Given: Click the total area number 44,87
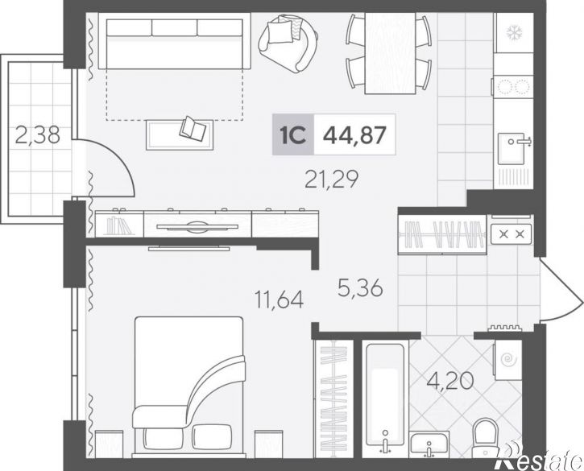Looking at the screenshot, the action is click(354, 134).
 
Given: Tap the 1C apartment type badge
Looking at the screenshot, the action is click(293, 134).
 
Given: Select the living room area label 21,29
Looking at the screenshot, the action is click(331, 179).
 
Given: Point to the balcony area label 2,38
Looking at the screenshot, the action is click(38, 134).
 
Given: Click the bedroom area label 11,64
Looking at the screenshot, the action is click(279, 300).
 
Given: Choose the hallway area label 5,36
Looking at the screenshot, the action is click(360, 287).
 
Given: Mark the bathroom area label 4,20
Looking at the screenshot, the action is click(450, 381).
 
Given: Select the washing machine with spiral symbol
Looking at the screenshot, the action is click(507, 360).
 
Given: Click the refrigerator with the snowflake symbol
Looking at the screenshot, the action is click(515, 32).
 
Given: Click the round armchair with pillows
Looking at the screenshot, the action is click(288, 43).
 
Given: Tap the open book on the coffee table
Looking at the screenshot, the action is click(193, 129).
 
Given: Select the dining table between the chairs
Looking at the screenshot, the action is click(390, 53).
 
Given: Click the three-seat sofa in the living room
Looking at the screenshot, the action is click(174, 41).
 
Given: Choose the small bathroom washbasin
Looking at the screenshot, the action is click(429, 444).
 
